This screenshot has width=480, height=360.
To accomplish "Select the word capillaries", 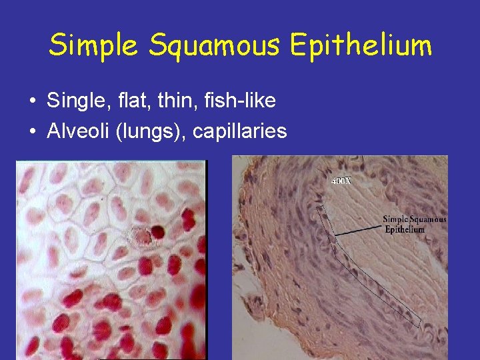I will pos(239,131).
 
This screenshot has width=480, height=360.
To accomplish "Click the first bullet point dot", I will pos(32,102).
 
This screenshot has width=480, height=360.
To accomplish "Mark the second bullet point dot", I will pos(32,132).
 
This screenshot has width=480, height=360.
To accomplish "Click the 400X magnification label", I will pos(341,181).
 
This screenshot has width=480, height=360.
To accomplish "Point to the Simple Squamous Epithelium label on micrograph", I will pos(414,224).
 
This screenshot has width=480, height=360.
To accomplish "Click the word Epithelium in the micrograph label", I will pos(405,229).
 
